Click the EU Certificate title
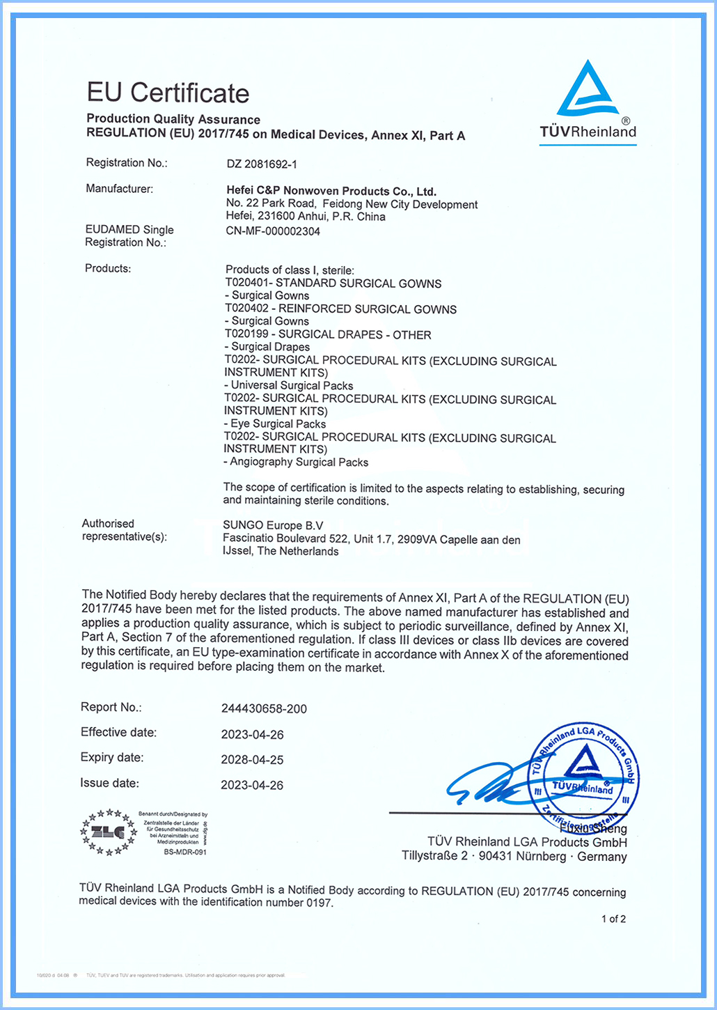168,93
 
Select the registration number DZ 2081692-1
262,164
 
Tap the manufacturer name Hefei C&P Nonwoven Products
331,191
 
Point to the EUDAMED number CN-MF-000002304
273,231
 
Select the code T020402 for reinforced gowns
249,309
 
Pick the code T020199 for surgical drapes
249,334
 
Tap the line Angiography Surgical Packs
297,462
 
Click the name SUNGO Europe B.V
273,525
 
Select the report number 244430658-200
264,709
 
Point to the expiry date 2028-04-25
252,760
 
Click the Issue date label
109,783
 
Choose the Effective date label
118,732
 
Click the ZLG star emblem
109,832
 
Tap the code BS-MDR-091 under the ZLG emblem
185,852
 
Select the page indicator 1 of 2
613,919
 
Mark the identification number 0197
319,903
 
